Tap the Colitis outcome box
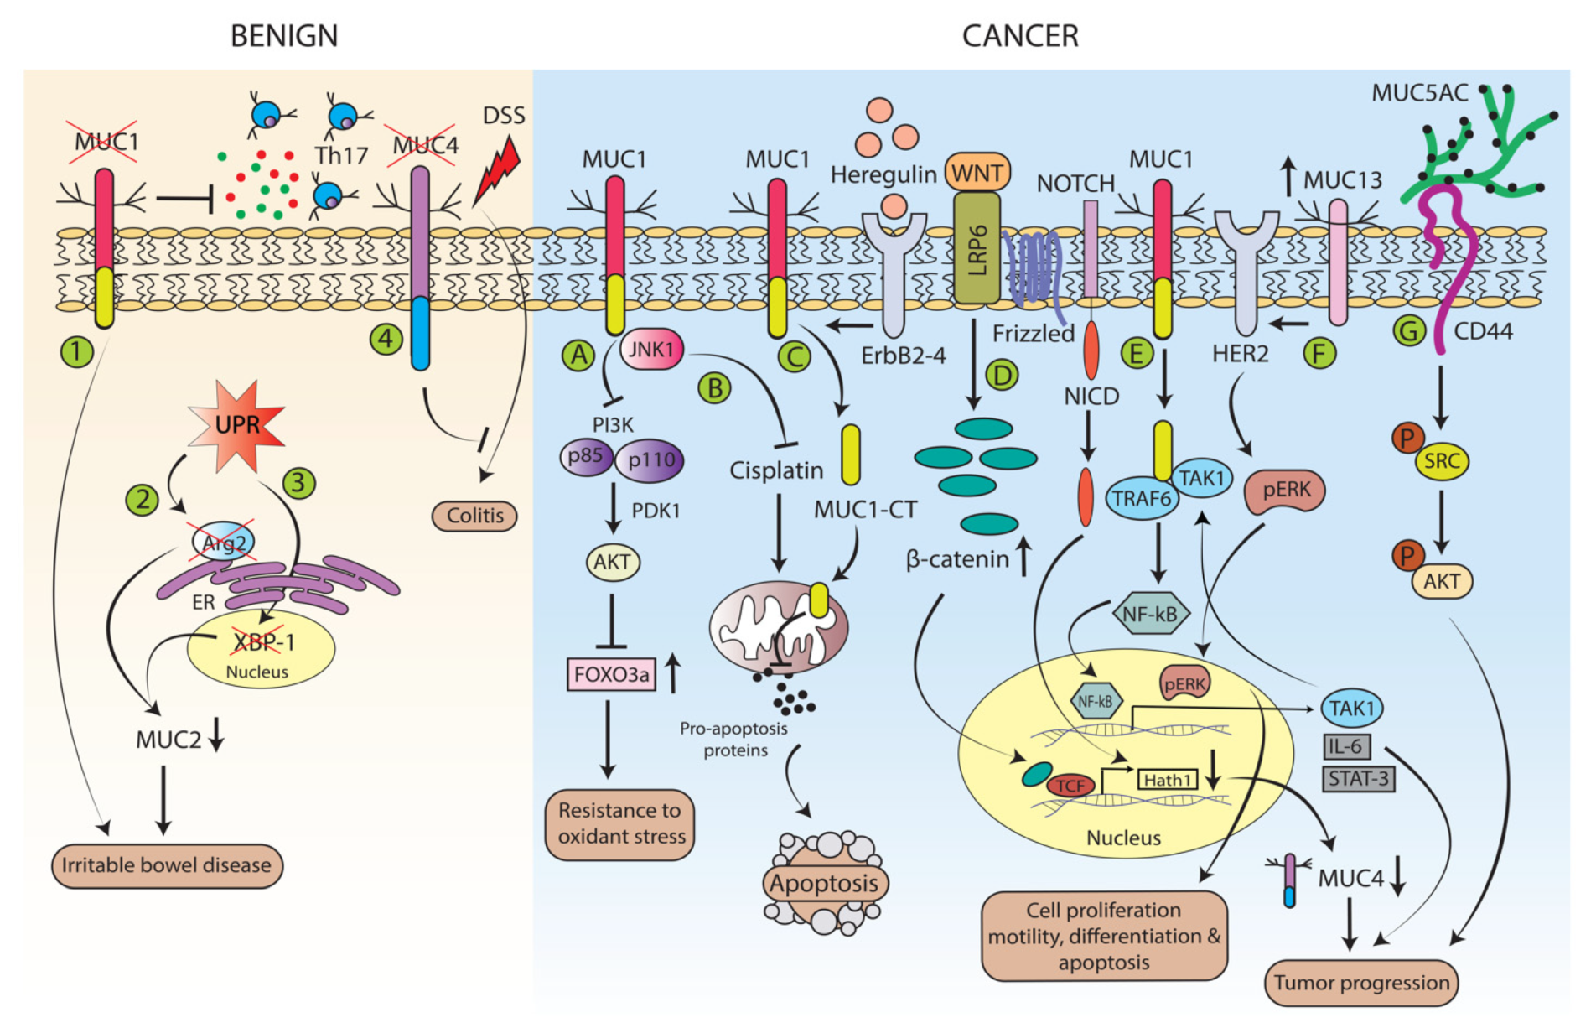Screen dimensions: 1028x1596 [x=474, y=515]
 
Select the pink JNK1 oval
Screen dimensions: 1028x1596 [x=651, y=349]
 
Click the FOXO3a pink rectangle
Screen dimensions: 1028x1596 [x=611, y=674]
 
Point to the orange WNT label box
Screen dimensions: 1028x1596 [x=977, y=173]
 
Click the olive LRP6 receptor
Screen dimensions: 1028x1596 [x=977, y=248]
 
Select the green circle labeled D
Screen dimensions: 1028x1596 [x=1003, y=375]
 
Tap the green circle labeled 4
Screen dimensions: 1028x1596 [x=386, y=339]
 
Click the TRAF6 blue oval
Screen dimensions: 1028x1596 [x=1141, y=498]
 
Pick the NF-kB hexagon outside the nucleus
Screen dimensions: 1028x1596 [x=1149, y=614]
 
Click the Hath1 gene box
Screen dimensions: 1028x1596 [x=1168, y=780]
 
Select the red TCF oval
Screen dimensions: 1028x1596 [x=1070, y=785]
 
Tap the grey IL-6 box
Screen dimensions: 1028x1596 [x=1347, y=745]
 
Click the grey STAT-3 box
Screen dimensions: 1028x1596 [x=1358, y=779]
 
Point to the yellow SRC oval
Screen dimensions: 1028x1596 [x=1441, y=460]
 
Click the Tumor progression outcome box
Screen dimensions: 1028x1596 [x=1361, y=983]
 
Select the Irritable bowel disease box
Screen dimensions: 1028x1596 [x=167, y=865]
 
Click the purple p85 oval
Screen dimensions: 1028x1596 [x=586, y=456]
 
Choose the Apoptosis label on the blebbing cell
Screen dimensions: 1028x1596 [x=824, y=883]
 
